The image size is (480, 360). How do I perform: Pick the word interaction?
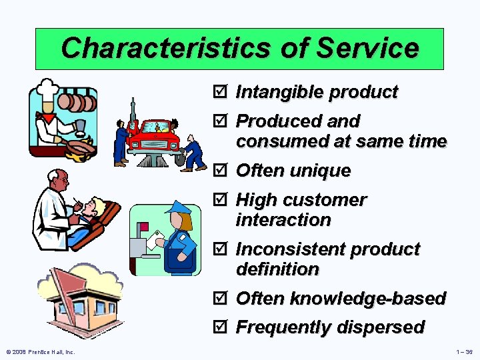pos(283,220)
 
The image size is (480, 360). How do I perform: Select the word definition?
pos(277,269)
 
